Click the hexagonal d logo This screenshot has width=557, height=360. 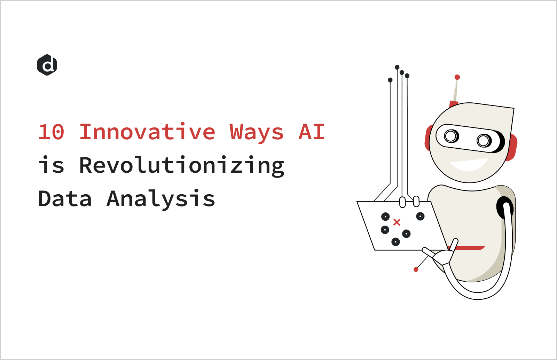(47, 65)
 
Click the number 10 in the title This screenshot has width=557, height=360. (52, 132)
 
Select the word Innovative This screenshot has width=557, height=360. (147, 132)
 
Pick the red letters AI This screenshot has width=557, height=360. (312, 132)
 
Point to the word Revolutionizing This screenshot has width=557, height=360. (181, 166)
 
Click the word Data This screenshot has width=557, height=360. (65, 199)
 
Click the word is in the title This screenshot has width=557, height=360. (52, 165)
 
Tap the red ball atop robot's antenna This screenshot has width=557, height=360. (457, 77)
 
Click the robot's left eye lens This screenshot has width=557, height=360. (451, 136)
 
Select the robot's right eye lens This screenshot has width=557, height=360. (483, 141)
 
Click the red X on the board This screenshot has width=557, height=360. (397, 222)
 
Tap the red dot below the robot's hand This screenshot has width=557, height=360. (416, 269)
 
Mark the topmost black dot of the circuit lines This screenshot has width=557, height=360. (397, 67)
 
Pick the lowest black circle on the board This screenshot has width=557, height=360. (395, 242)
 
